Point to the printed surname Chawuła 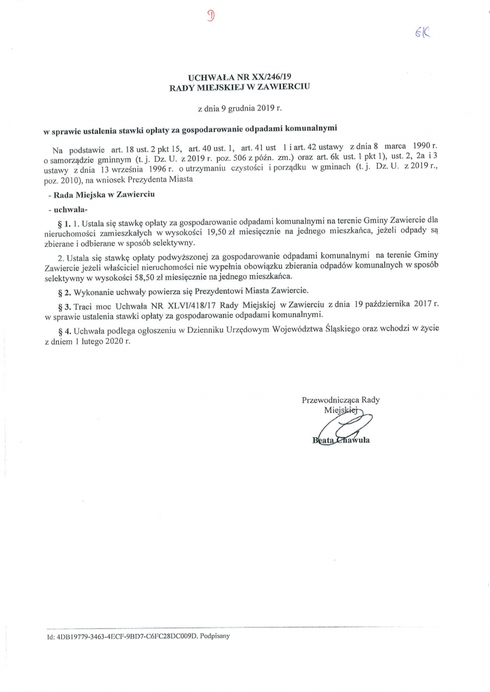352,442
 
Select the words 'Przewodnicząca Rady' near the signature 341,400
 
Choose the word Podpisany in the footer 214,637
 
